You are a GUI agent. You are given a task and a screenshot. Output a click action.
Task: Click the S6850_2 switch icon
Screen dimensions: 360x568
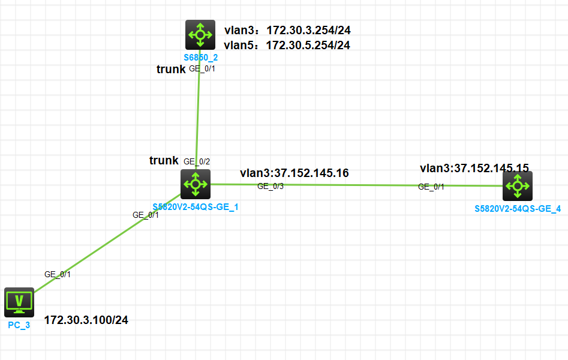(200, 35)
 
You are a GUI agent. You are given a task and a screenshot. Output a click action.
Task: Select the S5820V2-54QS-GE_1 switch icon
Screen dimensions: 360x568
(196, 184)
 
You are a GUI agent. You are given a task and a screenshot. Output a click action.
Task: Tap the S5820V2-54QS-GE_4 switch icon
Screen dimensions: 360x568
(518, 186)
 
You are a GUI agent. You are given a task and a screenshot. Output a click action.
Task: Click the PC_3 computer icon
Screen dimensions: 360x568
(19, 302)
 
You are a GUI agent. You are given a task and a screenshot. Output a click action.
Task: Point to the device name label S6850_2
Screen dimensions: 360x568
(200, 58)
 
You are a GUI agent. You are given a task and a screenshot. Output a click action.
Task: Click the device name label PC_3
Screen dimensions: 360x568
(19, 325)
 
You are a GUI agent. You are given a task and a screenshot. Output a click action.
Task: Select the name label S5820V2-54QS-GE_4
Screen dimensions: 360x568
(518, 209)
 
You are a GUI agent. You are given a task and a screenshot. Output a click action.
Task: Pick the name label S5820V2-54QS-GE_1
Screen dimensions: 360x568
(196, 207)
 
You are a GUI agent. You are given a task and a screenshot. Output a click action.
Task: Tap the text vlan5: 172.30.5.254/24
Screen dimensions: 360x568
(287, 44)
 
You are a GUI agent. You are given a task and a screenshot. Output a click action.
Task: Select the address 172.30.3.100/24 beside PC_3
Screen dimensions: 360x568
(86, 320)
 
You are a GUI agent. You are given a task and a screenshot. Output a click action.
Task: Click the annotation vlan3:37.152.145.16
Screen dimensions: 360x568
(294, 173)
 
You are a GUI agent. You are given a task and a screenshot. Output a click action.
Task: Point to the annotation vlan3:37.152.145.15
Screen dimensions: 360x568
(474, 168)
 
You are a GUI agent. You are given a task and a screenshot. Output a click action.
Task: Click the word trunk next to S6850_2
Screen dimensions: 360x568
(171, 70)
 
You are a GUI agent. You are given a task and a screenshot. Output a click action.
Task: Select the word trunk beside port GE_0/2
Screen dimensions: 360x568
(164, 160)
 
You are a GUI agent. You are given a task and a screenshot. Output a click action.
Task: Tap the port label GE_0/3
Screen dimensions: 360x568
(271, 186)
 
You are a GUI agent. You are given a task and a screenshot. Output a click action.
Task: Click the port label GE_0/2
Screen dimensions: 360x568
(197, 161)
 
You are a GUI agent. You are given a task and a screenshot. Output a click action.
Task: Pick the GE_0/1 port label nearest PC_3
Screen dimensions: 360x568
(58, 274)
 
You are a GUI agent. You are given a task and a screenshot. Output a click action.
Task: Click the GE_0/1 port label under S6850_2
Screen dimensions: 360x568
(202, 68)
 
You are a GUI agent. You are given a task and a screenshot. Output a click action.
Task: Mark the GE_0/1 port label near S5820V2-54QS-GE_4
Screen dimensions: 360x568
(431, 187)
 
